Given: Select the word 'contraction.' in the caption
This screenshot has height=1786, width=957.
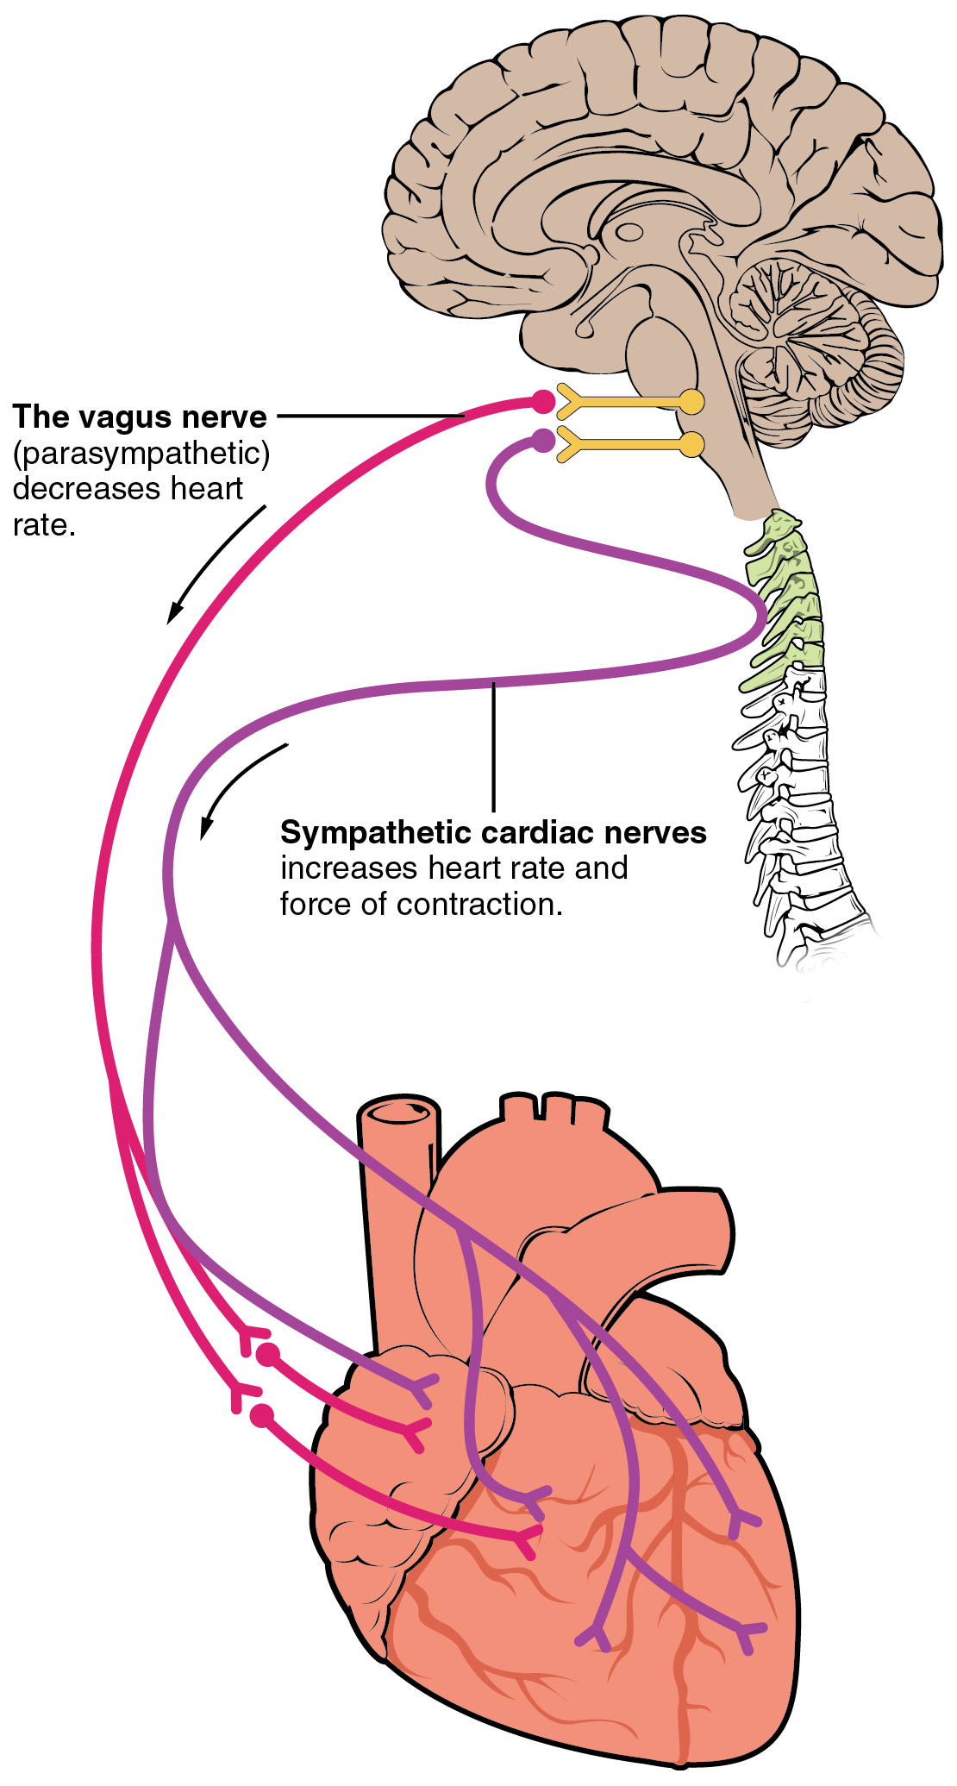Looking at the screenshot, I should click(479, 905).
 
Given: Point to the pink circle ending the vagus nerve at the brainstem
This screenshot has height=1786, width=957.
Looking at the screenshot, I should click(542, 401).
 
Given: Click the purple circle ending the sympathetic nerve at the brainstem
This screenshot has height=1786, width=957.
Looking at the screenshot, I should click(542, 441).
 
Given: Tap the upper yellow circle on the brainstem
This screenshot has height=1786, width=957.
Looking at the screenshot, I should click(691, 401).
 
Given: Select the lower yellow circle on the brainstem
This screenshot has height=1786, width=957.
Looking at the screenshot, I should click(691, 444).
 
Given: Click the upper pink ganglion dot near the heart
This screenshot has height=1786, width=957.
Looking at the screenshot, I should click(269, 1355).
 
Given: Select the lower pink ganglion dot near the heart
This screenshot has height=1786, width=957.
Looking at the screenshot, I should click(261, 1415).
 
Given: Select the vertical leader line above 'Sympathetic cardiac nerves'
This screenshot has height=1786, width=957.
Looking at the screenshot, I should click(493, 746).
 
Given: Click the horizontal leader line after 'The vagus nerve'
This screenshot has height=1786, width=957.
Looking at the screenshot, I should click(371, 416).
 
